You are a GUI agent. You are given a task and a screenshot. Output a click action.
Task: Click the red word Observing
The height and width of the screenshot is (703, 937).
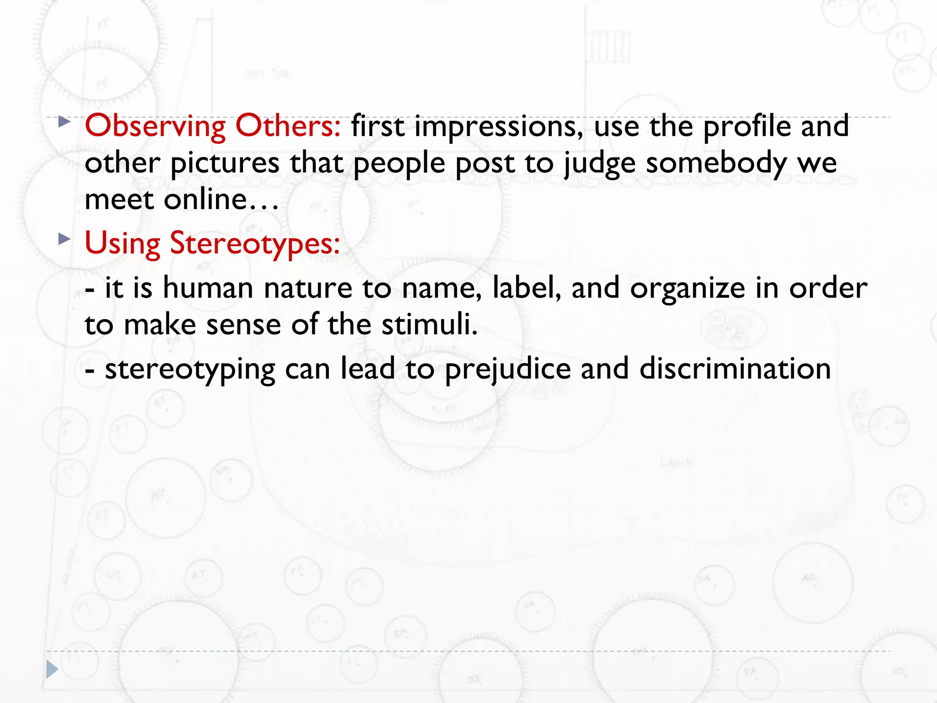[155, 126]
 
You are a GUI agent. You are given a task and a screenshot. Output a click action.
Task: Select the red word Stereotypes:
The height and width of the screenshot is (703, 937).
[255, 243]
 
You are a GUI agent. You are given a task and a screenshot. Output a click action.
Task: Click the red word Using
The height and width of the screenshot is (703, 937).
[122, 243]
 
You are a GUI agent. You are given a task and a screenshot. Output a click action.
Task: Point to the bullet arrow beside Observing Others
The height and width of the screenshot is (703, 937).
[65, 122]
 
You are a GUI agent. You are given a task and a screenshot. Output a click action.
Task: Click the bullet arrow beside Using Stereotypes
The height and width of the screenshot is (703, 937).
[65, 238]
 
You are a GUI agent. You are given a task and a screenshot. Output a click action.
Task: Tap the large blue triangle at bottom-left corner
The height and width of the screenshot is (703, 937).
[52, 670]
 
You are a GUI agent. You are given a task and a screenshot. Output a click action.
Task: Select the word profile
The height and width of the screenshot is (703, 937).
[747, 126]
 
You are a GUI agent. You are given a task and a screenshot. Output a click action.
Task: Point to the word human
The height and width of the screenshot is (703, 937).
[208, 288]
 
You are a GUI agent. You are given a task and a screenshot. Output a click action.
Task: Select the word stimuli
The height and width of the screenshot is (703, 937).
[430, 324]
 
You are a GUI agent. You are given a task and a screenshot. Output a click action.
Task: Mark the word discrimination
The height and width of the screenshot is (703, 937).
[735, 368]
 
